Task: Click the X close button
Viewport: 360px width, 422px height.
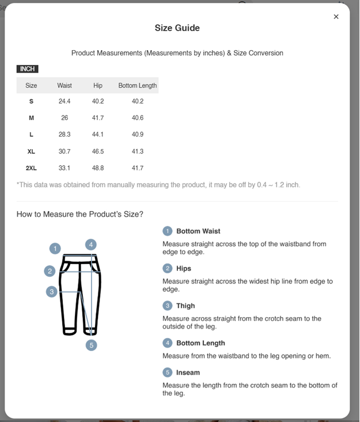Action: pyautogui.click(x=336, y=17)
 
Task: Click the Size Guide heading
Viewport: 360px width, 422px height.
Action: pyautogui.click(x=177, y=28)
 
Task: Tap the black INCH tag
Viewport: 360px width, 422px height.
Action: pyautogui.click(x=27, y=69)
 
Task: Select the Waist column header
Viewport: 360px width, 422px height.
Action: pyautogui.click(x=65, y=85)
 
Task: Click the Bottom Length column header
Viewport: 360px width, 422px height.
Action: pyautogui.click(x=138, y=85)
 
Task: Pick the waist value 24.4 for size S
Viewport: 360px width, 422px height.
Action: pyautogui.click(x=65, y=101)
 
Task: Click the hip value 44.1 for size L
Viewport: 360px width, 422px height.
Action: pyautogui.click(x=98, y=134)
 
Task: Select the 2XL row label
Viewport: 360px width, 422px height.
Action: pyautogui.click(x=31, y=168)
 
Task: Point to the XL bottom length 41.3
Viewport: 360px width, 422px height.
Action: pyautogui.click(x=138, y=152)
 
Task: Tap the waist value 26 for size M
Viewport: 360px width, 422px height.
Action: pyautogui.click(x=65, y=118)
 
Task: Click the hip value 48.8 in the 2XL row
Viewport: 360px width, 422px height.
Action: pyautogui.click(x=98, y=168)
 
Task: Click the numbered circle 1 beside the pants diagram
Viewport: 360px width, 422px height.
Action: pyautogui.click(x=55, y=248)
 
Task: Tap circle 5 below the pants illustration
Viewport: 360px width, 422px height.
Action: pyautogui.click(x=91, y=345)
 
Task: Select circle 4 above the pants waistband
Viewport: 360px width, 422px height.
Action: pyautogui.click(x=91, y=244)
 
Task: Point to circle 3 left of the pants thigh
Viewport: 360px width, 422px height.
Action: pyautogui.click(x=52, y=292)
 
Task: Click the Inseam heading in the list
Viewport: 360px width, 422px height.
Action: pyautogui.click(x=188, y=372)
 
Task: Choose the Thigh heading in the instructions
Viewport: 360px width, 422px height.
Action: pyautogui.click(x=185, y=306)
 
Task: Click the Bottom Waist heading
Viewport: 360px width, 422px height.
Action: pyautogui.click(x=198, y=231)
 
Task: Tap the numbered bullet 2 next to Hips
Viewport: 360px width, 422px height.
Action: pyautogui.click(x=168, y=268)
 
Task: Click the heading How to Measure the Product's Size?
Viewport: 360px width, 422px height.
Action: pyautogui.click(x=80, y=214)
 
